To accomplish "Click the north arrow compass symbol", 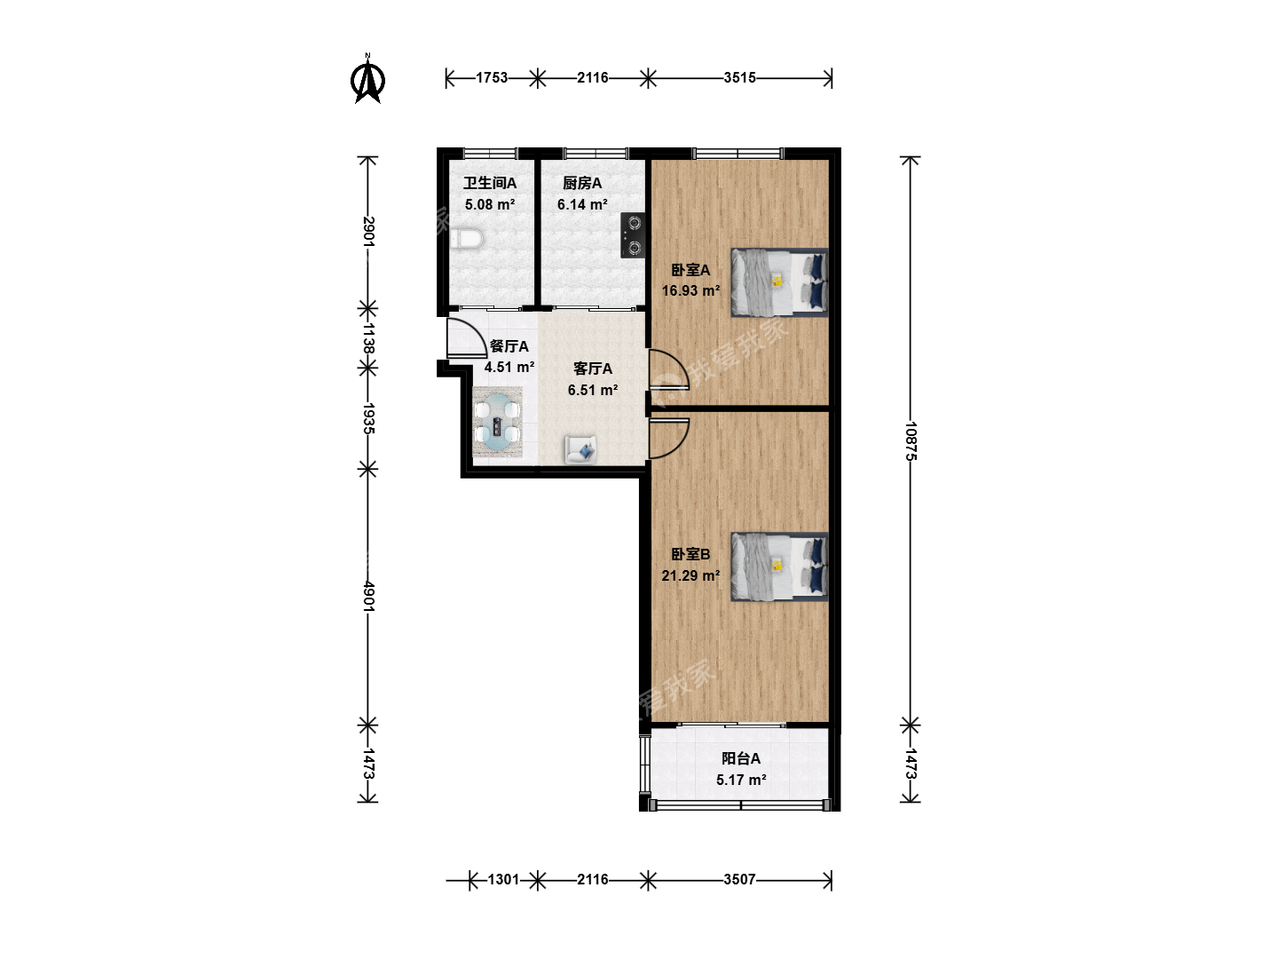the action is (367, 79).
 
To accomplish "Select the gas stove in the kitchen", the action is (632, 235).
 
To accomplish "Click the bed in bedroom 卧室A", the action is (779, 282).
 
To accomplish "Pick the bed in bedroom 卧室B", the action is (779, 567).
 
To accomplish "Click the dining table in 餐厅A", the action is (497, 422).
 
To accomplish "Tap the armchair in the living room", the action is (580, 449).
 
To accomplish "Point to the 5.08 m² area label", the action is (490, 204).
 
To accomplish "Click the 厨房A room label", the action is (581, 184).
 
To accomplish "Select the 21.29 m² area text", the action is (690, 575).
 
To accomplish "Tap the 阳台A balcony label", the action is (740, 758).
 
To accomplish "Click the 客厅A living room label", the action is (593, 369).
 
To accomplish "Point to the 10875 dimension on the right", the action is (911, 441).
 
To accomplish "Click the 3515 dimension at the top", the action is (739, 77).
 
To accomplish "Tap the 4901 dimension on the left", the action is (368, 596).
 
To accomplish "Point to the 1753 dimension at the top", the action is (492, 77).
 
